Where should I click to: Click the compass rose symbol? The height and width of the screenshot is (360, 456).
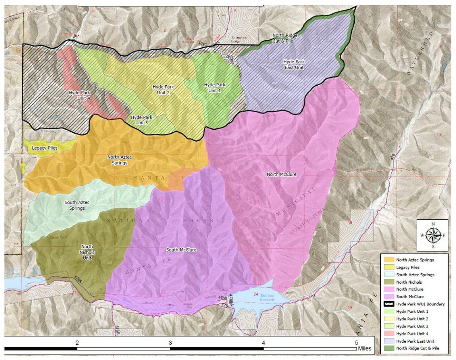point(433,235)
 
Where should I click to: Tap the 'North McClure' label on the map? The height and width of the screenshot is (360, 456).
point(282,174)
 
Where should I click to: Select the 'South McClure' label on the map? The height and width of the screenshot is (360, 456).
point(181,250)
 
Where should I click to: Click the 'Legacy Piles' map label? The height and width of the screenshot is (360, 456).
point(45,148)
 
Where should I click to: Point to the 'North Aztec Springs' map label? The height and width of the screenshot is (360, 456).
point(120,160)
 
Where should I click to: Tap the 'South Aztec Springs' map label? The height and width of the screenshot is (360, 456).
point(77,205)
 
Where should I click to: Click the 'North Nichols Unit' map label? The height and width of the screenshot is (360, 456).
point(87,252)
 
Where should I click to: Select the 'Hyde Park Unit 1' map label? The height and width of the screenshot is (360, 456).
point(215,87)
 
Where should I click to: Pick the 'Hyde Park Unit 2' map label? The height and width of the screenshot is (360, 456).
point(163,89)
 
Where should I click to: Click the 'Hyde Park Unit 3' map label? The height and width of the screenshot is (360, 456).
point(142,120)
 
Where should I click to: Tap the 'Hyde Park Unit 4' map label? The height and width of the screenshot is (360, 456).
point(79,95)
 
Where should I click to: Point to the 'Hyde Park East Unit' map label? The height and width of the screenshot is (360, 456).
point(294,65)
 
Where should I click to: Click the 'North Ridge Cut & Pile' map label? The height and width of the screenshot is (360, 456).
point(285,38)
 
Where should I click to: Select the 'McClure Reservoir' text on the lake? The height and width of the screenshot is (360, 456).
point(267,298)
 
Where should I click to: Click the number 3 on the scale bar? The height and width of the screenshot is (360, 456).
point(170,343)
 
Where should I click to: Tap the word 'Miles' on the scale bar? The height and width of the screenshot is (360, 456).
point(364,348)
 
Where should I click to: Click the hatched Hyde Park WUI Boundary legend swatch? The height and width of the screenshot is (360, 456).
point(389,304)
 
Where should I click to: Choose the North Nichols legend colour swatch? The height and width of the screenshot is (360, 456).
point(389,282)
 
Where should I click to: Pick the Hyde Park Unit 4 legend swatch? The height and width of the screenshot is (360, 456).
point(389,334)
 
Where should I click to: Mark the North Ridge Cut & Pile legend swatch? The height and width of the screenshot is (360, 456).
point(389,348)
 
